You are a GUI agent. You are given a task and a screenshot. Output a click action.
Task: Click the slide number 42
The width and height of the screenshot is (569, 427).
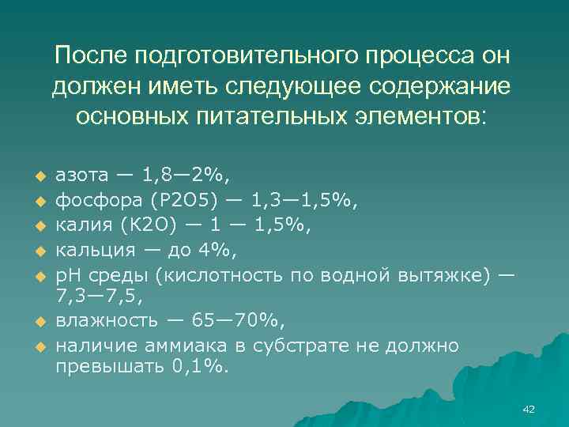(x=529, y=409)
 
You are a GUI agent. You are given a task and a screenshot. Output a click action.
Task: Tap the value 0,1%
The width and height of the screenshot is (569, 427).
(x=198, y=368)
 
